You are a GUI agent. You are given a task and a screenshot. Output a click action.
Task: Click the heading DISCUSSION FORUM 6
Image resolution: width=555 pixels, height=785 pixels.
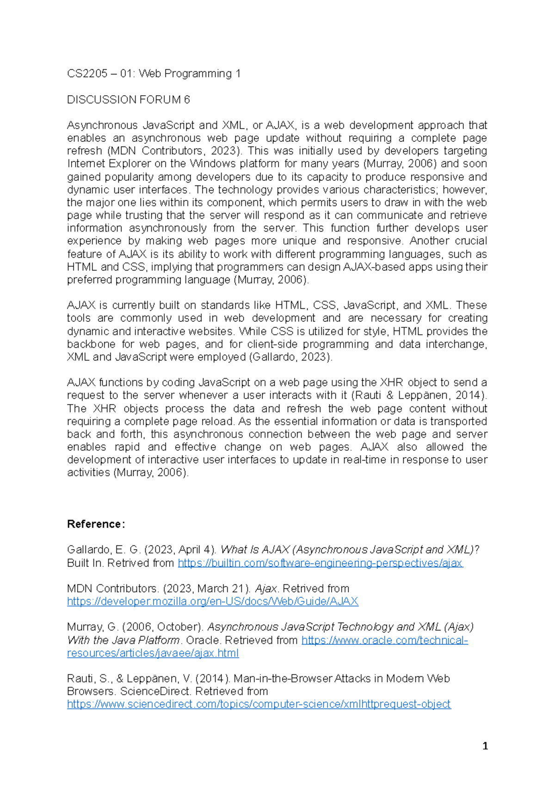pyautogui.click(x=128, y=99)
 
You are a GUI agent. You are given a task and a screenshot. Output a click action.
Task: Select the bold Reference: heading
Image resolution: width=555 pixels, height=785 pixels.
pyautogui.click(x=96, y=524)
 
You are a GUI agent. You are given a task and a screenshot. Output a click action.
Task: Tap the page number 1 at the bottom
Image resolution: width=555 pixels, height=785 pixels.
pyautogui.click(x=485, y=746)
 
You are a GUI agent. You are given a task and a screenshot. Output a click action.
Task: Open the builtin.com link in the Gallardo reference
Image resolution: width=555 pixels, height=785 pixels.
pyautogui.click(x=320, y=563)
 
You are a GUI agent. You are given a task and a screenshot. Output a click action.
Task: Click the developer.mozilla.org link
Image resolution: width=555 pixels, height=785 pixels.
pyautogui.click(x=212, y=601)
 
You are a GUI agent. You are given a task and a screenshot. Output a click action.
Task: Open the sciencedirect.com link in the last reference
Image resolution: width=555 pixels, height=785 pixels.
pyautogui.click(x=259, y=704)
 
